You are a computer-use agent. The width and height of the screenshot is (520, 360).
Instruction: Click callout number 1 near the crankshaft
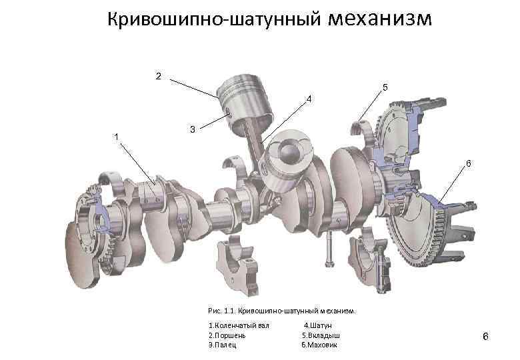click(x=116, y=137)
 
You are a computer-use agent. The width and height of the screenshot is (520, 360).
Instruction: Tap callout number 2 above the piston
click(x=159, y=76)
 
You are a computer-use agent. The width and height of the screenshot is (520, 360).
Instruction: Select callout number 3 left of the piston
click(x=193, y=129)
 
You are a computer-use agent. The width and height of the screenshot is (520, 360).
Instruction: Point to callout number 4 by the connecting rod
click(x=309, y=99)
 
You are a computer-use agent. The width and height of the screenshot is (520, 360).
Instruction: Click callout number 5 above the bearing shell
click(x=385, y=87)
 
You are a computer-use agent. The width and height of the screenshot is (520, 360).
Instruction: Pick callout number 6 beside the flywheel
click(x=469, y=163)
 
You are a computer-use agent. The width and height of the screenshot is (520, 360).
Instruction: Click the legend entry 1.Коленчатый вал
click(x=239, y=325)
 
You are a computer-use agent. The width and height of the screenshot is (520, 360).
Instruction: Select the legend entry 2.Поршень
click(x=227, y=335)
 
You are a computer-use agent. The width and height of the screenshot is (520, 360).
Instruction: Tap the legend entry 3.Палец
click(x=223, y=345)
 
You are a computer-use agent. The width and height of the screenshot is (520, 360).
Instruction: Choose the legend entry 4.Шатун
click(x=318, y=325)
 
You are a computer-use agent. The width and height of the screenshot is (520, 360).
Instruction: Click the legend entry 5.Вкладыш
click(x=321, y=335)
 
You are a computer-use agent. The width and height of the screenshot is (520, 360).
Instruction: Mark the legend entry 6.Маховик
click(x=319, y=345)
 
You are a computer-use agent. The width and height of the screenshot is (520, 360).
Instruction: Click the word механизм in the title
click(x=380, y=19)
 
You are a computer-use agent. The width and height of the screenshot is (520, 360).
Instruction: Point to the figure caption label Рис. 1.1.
click(x=221, y=311)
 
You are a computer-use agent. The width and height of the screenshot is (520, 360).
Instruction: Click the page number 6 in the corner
click(x=485, y=337)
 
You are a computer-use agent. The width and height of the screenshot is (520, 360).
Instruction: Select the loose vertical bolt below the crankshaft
click(x=329, y=249)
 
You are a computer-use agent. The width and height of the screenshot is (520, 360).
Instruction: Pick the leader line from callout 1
click(x=137, y=164)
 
